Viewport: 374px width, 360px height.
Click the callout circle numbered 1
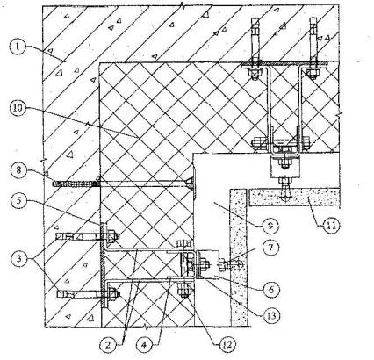coord(18,47)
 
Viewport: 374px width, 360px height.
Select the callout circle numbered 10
coord(18,108)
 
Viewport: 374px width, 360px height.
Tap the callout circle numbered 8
coord(18,170)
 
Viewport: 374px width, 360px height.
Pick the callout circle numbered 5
coord(19,201)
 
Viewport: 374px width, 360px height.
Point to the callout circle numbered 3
coord(19,260)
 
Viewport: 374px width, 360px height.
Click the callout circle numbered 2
coord(108,345)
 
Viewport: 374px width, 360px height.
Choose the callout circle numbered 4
coord(144,345)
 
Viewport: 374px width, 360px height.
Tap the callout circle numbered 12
coord(227,344)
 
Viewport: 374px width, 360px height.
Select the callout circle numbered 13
coord(270,315)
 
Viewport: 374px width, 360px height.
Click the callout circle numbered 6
coord(270,290)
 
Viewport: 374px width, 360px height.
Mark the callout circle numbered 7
coord(270,248)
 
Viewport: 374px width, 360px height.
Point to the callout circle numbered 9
coord(270,226)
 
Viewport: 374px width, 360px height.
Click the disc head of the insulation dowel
coord(192,184)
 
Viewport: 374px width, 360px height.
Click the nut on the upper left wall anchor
coord(112,236)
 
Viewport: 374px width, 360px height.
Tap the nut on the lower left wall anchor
coord(112,293)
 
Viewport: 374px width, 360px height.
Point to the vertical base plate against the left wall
coord(103,265)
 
